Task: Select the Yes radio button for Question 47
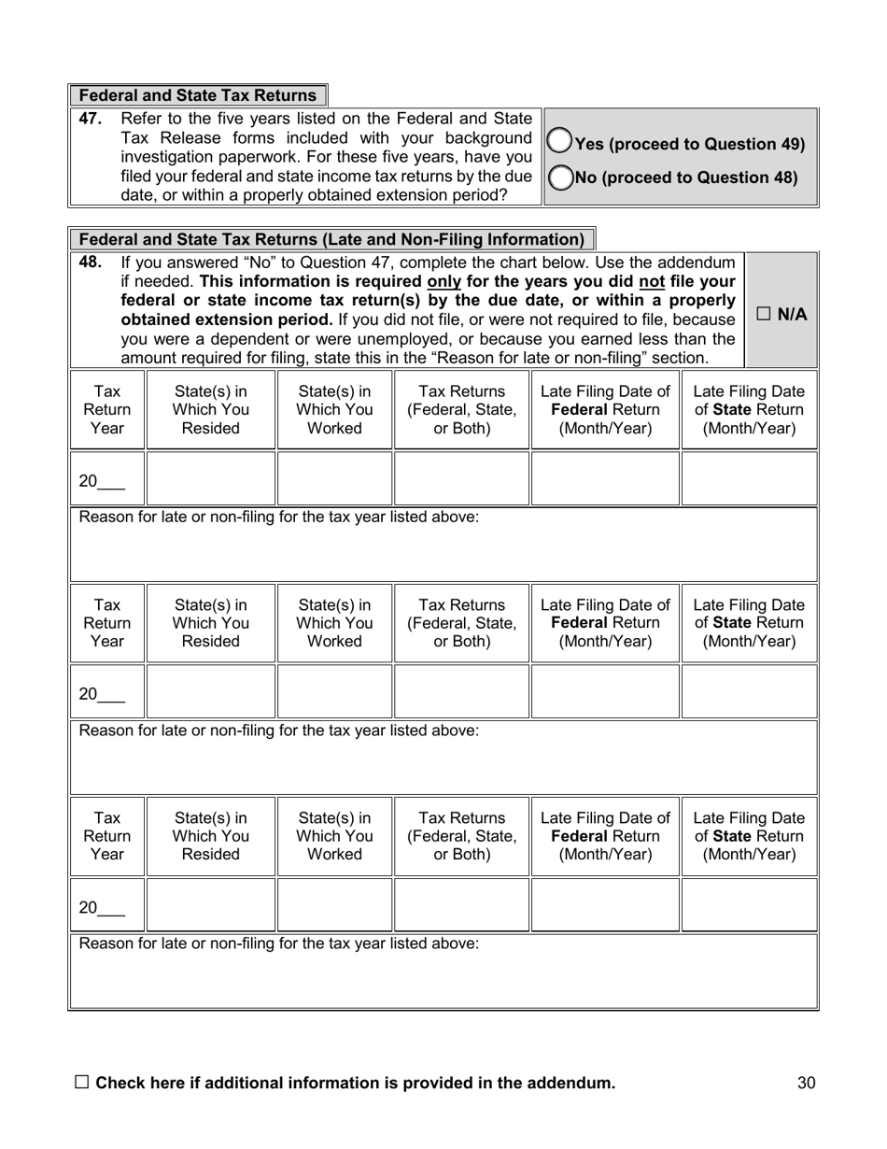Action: pos(559,141)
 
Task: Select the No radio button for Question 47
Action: pos(559,177)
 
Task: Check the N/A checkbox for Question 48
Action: pos(763,314)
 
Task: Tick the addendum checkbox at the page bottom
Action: pos(81,1082)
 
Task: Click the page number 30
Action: pos(807,1084)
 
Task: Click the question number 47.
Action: pos(90,119)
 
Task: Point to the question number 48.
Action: pos(90,262)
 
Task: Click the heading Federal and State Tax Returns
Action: pos(197,95)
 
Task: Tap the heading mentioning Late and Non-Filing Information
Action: pos(331,239)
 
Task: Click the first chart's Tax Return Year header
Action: pos(107,410)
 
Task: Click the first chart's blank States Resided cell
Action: pos(211,478)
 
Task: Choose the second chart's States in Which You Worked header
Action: pos(334,623)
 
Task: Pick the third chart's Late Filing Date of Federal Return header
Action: pos(605,836)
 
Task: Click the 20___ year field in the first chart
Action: pos(102,481)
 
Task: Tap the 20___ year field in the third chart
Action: pos(102,907)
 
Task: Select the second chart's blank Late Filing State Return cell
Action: pos(749,691)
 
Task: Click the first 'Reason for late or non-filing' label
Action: pos(279,517)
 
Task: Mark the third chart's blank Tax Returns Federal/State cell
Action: pos(461,904)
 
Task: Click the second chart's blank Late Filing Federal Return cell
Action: pos(605,691)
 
